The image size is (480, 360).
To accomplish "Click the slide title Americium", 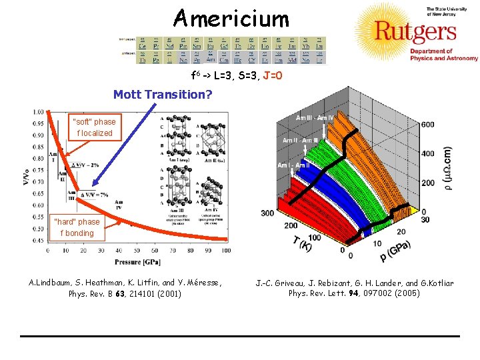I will point(231,18).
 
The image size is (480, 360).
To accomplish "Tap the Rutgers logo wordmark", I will point(415,31).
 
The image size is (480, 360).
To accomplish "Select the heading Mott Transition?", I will point(163,95).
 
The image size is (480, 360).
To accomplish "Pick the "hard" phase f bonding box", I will point(77,227).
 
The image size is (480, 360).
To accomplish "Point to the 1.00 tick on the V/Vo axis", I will point(39,112).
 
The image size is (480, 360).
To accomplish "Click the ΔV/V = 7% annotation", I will point(93,194).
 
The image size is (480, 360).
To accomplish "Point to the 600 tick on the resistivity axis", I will point(427,125).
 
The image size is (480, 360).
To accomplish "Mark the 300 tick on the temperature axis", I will point(267,213).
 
